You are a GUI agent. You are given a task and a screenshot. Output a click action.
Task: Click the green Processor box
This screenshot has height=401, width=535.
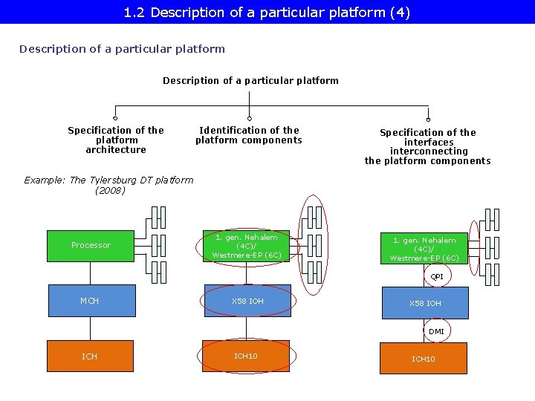pyautogui.click(x=91, y=246)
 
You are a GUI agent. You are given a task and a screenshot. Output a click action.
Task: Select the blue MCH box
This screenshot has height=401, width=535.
pyautogui.click(x=91, y=301)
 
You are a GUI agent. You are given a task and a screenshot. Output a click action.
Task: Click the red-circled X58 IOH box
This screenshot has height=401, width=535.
pyautogui.click(x=247, y=301)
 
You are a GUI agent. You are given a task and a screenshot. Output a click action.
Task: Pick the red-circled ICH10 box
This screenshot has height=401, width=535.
pyautogui.click(x=246, y=356)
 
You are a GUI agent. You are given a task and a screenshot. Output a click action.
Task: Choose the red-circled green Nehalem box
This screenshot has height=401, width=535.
pyautogui.click(x=246, y=247)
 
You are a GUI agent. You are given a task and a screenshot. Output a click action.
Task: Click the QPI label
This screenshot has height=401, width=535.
pyautogui.click(x=437, y=276)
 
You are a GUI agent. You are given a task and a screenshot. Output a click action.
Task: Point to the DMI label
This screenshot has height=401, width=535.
pyautogui.click(x=436, y=331)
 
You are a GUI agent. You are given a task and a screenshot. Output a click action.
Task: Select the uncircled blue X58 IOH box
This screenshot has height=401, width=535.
pyautogui.click(x=425, y=303)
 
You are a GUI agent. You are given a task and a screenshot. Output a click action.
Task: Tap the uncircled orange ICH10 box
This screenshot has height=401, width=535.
pyautogui.click(x=424, y=359)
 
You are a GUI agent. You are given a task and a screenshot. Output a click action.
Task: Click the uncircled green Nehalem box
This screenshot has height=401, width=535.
pyautogui.click(x=424, y=249)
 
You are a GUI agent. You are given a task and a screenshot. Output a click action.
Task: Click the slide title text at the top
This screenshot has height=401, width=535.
pyautogui.click(x=267, y=13)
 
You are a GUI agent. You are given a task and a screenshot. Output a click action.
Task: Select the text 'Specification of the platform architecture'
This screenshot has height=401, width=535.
pyautogui.click(x=116, y=140)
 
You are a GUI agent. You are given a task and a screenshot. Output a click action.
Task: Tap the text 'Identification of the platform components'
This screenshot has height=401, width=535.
pyautogui.click(x=249, y=135)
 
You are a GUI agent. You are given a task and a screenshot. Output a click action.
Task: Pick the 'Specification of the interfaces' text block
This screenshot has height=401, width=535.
pyautogui.click(x=428, y=146)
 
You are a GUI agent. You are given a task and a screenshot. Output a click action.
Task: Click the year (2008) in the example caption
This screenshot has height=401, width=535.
pyautogui.click(x=110, y=190)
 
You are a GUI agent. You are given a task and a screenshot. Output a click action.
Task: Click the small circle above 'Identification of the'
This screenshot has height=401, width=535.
pyautogui.click(x=250, y=118)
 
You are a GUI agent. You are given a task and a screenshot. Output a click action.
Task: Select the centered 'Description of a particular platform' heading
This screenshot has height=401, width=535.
pyautogui.click(x=250, y=80)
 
